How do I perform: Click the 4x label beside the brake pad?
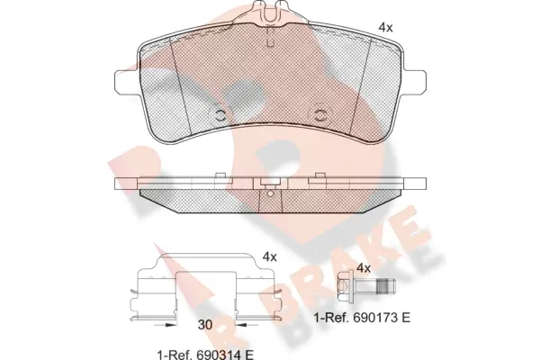click(385, 28)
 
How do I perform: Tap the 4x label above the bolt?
click(364, 268)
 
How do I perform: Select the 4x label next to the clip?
click(268, 256)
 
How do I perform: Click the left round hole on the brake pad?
click(219, 115)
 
